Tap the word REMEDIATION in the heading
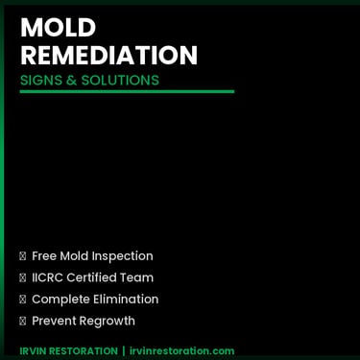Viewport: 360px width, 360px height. click(108, 55)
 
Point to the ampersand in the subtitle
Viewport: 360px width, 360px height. click(72, 80)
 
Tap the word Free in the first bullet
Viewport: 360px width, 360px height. click(44, 256)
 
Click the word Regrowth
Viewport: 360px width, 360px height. click(109, 321)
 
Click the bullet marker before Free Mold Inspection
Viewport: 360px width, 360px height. click(23, 256)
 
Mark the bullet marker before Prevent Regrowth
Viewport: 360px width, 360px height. click(23, 321)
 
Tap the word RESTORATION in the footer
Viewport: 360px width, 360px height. click(84, 350)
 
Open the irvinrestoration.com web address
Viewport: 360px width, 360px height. click(181, 350)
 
